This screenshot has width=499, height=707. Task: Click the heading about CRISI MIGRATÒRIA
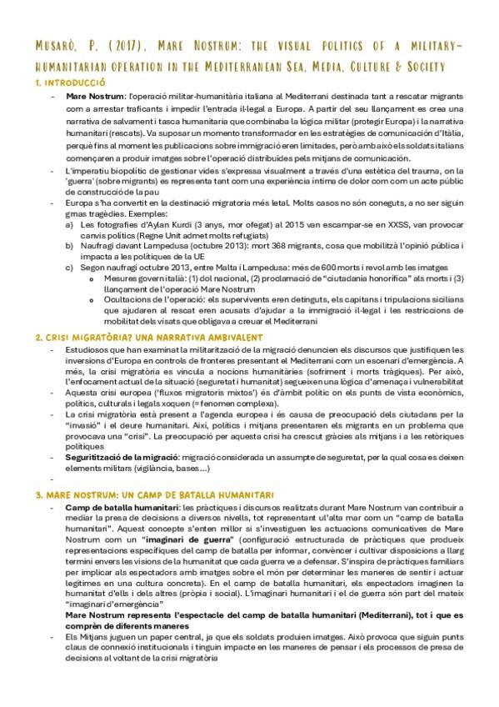point(149,337)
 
